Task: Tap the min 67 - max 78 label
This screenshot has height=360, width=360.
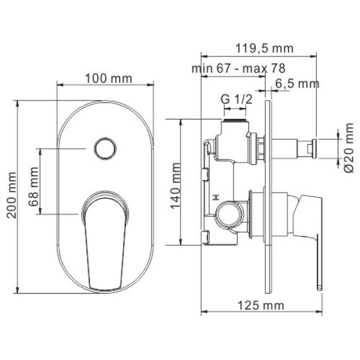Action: coord(238,68)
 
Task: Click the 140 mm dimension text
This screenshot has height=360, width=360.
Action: coord(176,182)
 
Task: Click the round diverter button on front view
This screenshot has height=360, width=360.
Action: coord(105,147)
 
